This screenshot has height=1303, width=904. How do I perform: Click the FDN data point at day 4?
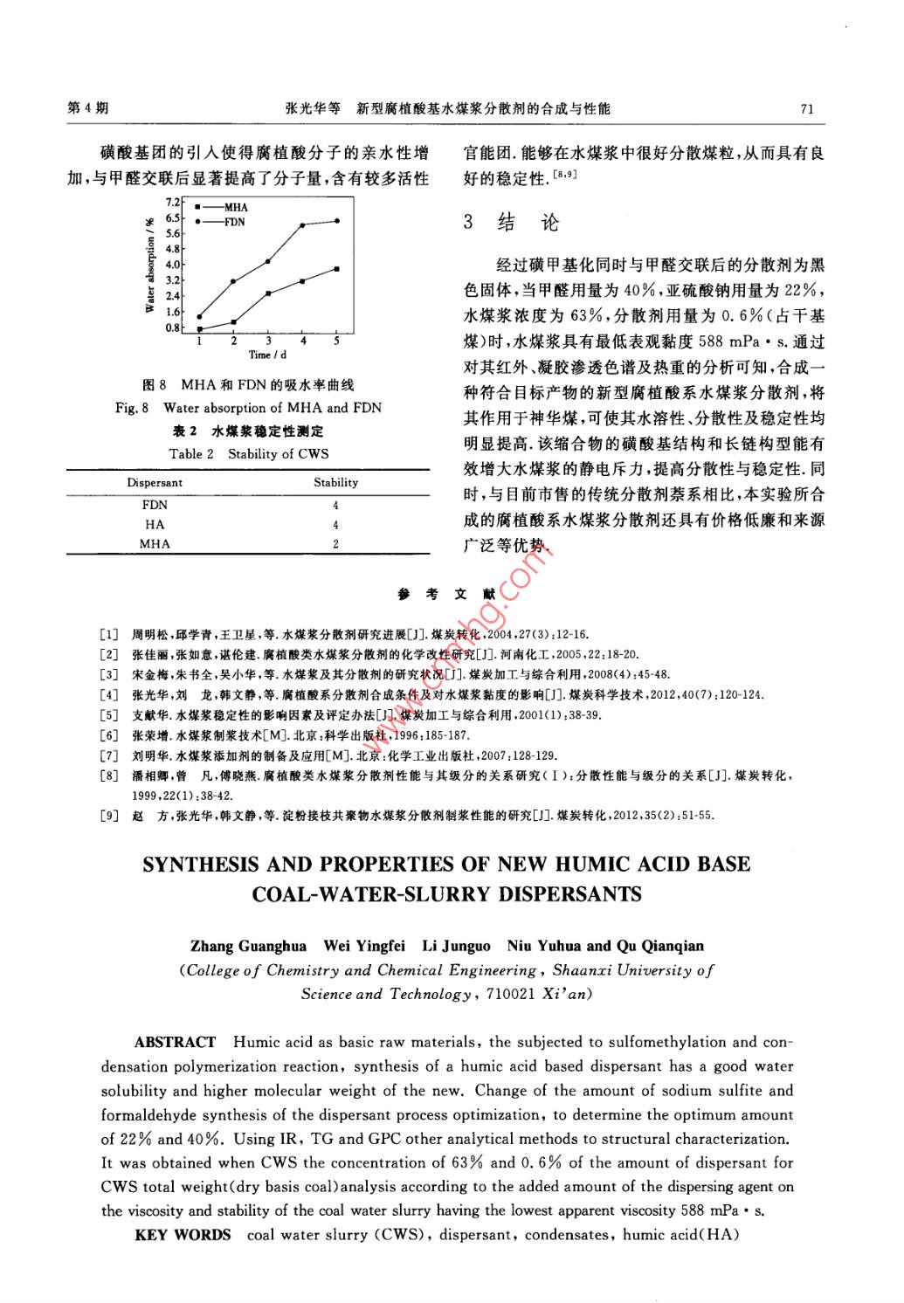tap(302, 225)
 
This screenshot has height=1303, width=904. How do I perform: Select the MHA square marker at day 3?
tap(268, 293)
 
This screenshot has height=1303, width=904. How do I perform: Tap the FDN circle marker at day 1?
tap(199, 317)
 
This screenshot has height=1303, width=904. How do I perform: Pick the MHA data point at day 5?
tap(337, 269)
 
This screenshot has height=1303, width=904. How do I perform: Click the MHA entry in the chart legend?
tap(235, 208)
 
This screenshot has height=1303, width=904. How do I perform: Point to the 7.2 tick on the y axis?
tap(173, 203)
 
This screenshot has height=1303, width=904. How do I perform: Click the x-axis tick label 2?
tap(234, 341)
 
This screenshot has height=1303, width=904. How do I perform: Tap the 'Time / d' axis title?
tap(267, 355)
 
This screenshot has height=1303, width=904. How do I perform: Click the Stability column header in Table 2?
tap(335, 482)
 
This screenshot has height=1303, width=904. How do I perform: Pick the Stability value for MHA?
tap(335, 544)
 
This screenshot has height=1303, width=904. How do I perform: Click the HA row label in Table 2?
tap(155, 525)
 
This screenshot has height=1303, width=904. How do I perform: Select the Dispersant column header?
tap(155, 482)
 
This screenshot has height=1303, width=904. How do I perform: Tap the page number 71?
tap(806, 109)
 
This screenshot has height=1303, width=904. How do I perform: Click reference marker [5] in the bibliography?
tap(109, 715)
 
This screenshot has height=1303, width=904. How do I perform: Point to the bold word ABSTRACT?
tap(175, 1042)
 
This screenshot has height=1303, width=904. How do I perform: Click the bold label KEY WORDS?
tap(183, 1235)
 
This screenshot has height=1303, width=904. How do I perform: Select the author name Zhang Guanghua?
tap(249, 946)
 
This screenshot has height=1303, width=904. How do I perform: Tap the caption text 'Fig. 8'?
tap(133, 408)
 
